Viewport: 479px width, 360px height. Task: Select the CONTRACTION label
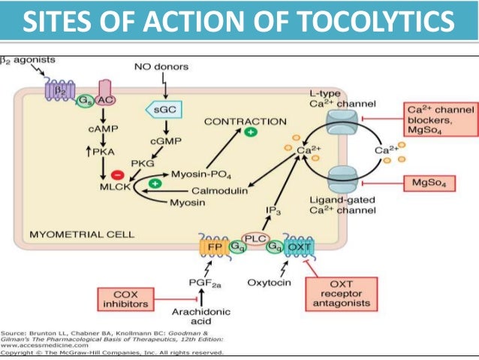coord(246,120)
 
